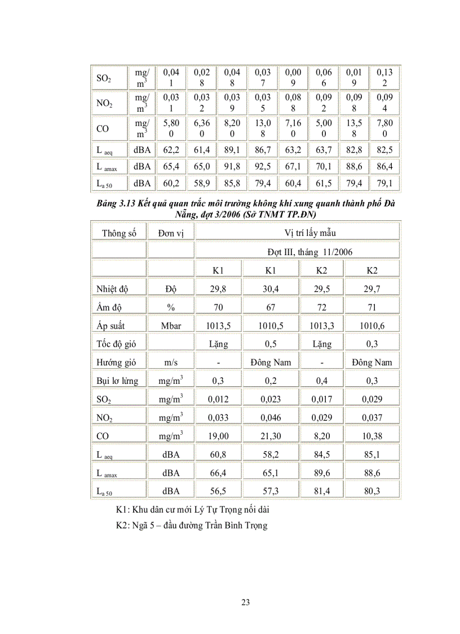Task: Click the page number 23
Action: click(245, 602)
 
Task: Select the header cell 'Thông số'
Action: click(119, 233)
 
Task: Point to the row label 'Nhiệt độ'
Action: click(113, 288)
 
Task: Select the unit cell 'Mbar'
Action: click(171, 325)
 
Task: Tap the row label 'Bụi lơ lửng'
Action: click(117, 381)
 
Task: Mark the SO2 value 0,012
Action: click(219, 399)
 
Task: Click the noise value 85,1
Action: click(371, 454)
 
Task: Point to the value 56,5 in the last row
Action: click(219, 491)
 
